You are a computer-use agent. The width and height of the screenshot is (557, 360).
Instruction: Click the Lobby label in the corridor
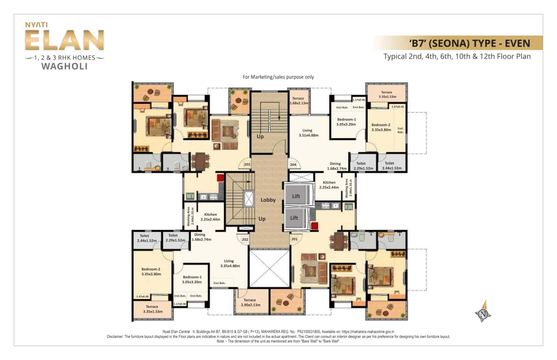268,200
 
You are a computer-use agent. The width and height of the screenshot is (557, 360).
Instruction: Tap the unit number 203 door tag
247,164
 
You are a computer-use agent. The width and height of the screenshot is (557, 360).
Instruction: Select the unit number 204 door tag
293,164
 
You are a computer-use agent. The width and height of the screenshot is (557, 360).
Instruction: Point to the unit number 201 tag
294,239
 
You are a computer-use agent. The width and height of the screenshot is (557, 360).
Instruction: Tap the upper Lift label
296,196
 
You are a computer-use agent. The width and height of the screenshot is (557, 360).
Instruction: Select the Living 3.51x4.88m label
308,133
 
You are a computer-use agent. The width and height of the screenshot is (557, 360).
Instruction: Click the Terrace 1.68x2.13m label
298,100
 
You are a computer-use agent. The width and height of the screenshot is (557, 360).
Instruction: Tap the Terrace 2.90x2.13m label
250,303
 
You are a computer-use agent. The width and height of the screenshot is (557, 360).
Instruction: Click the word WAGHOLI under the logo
64,67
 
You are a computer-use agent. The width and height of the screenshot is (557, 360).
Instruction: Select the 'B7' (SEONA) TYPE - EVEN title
470,43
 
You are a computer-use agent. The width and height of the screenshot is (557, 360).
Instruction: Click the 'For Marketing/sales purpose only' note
278,77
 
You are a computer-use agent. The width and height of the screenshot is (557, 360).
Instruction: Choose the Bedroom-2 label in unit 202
151,272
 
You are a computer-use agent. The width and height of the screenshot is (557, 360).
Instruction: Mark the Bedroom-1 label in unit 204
346,121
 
